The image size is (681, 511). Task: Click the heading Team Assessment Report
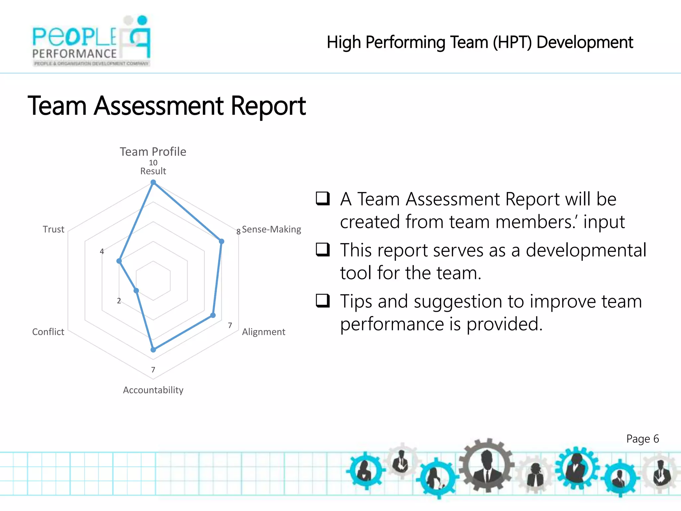(x=167, y=106)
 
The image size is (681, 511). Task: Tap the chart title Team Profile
(x=153, y=152)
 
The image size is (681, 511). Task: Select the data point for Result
(x=153, y=182)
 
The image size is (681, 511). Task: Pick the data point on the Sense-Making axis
(x=221, y=241)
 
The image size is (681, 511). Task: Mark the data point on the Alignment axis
(x=213, y=315)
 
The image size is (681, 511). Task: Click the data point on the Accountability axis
(x=153, y=350)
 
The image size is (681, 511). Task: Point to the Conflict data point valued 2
(x=136, y=291)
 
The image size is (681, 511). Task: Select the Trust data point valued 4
(x=119, y=261)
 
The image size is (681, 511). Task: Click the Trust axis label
(x=53, y=229)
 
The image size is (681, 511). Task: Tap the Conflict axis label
(x=48, y=332)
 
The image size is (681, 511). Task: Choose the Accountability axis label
(x=153, y=390)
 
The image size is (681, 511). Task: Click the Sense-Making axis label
(x=271, y=229)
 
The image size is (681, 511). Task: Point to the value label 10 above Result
(x=153, y=163)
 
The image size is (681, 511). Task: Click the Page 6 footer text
(x=642, y=439)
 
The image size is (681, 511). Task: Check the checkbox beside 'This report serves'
(x=323, y=250)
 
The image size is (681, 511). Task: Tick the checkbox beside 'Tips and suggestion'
(x=323, y=300)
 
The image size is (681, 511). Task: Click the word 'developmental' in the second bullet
(x=586, y=250)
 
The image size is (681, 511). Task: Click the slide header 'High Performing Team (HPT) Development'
(x=480, y=42)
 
